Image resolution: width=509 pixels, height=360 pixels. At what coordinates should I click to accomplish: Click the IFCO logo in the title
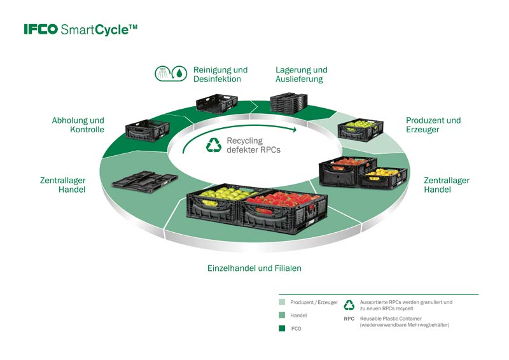click(41, 29)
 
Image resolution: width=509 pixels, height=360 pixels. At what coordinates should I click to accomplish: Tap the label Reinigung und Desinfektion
click(220, 74)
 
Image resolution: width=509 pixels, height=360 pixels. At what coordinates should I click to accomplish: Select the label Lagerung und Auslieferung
click(301, 74)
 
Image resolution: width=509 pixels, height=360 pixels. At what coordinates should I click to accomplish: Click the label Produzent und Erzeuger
click(433, 125)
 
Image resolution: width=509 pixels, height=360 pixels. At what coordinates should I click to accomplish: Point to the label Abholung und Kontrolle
click(78, 125)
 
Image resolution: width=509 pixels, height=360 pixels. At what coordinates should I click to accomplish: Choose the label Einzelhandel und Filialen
click(254, 268)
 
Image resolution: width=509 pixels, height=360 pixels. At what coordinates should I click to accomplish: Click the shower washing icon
click(164, 73)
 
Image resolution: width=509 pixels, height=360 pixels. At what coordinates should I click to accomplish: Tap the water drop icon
click(179, 73)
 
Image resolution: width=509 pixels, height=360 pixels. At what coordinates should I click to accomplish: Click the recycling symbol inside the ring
click(214, 145)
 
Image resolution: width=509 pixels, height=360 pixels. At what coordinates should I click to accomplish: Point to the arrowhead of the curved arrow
click(294, 130)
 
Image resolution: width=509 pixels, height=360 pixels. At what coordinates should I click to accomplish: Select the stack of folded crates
click(289, 103)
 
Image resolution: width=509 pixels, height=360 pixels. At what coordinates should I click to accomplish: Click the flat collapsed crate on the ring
click(145, 182)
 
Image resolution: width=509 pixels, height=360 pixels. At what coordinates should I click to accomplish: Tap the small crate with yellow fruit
click(383, 178)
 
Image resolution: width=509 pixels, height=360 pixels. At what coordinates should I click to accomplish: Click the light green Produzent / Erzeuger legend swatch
click(282, 302)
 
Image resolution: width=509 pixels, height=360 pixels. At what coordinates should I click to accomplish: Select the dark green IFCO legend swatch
click(282, 328)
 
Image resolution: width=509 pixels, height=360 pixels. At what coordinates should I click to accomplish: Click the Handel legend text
click(298, 315)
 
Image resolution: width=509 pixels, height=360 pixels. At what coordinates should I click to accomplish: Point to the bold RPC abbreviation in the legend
click(349, 319)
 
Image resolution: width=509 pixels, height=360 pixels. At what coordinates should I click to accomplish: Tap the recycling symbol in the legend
click(349, 305)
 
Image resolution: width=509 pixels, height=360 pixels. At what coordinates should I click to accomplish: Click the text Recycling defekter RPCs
click(253, 145)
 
